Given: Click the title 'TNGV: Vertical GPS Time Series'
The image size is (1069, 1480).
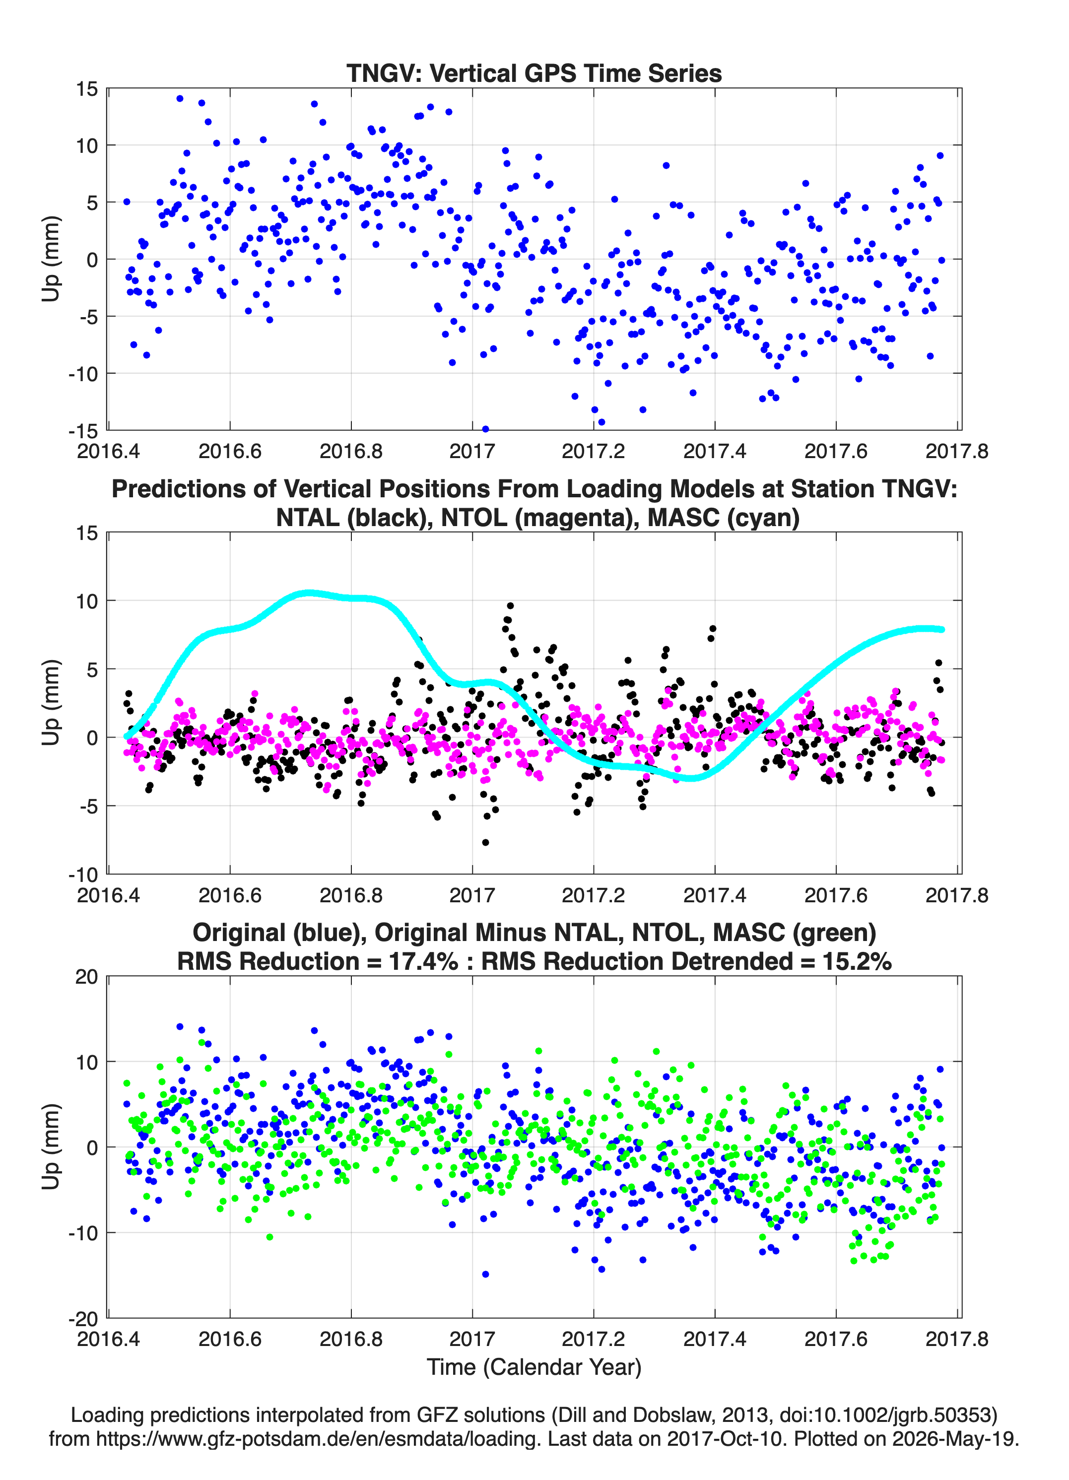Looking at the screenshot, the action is pyautogui.click(x=534, y=73).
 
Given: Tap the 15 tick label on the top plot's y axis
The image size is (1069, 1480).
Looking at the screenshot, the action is pyautogui.click(x=87, y=89).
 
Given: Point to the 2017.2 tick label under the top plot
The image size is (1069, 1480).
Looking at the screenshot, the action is pyautogui.click(x=593, y=451).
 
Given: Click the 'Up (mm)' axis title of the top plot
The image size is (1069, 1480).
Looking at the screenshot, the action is pyautogui.click(x=51, y=259).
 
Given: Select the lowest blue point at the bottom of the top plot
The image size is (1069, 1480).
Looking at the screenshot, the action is pyautogui.click(x=485, y=429).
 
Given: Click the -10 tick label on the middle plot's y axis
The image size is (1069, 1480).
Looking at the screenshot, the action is pyautogui.click(x=83, y=875).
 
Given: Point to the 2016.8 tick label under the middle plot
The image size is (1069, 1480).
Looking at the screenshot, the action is pyautogui.click(x=351, y=895).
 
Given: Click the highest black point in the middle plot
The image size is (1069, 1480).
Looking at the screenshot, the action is pyautogui.click(x=510, y=605).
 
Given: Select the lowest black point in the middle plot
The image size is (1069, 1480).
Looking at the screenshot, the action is pyautogui.click(x=485, y=842).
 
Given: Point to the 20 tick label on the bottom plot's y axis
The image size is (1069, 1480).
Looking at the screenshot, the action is pyautogui.click(x=87, y=977).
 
